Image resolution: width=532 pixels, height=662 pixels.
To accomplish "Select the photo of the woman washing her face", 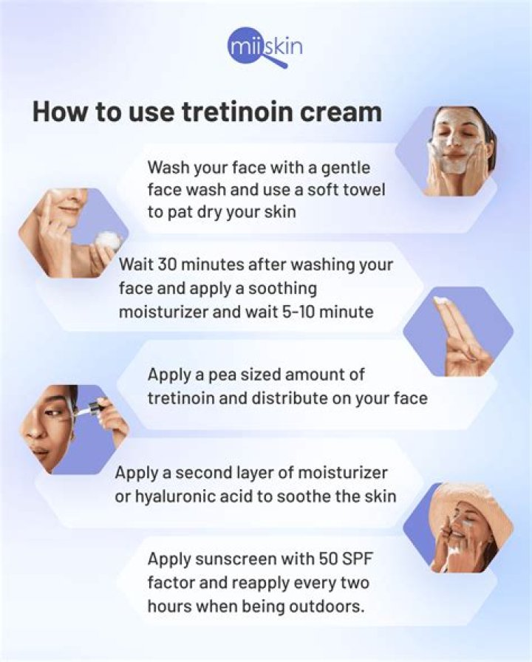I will [455, 150].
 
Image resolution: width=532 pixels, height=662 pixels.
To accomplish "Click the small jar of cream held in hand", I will [108, 241].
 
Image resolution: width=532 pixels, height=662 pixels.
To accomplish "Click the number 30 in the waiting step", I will [187, 264].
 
